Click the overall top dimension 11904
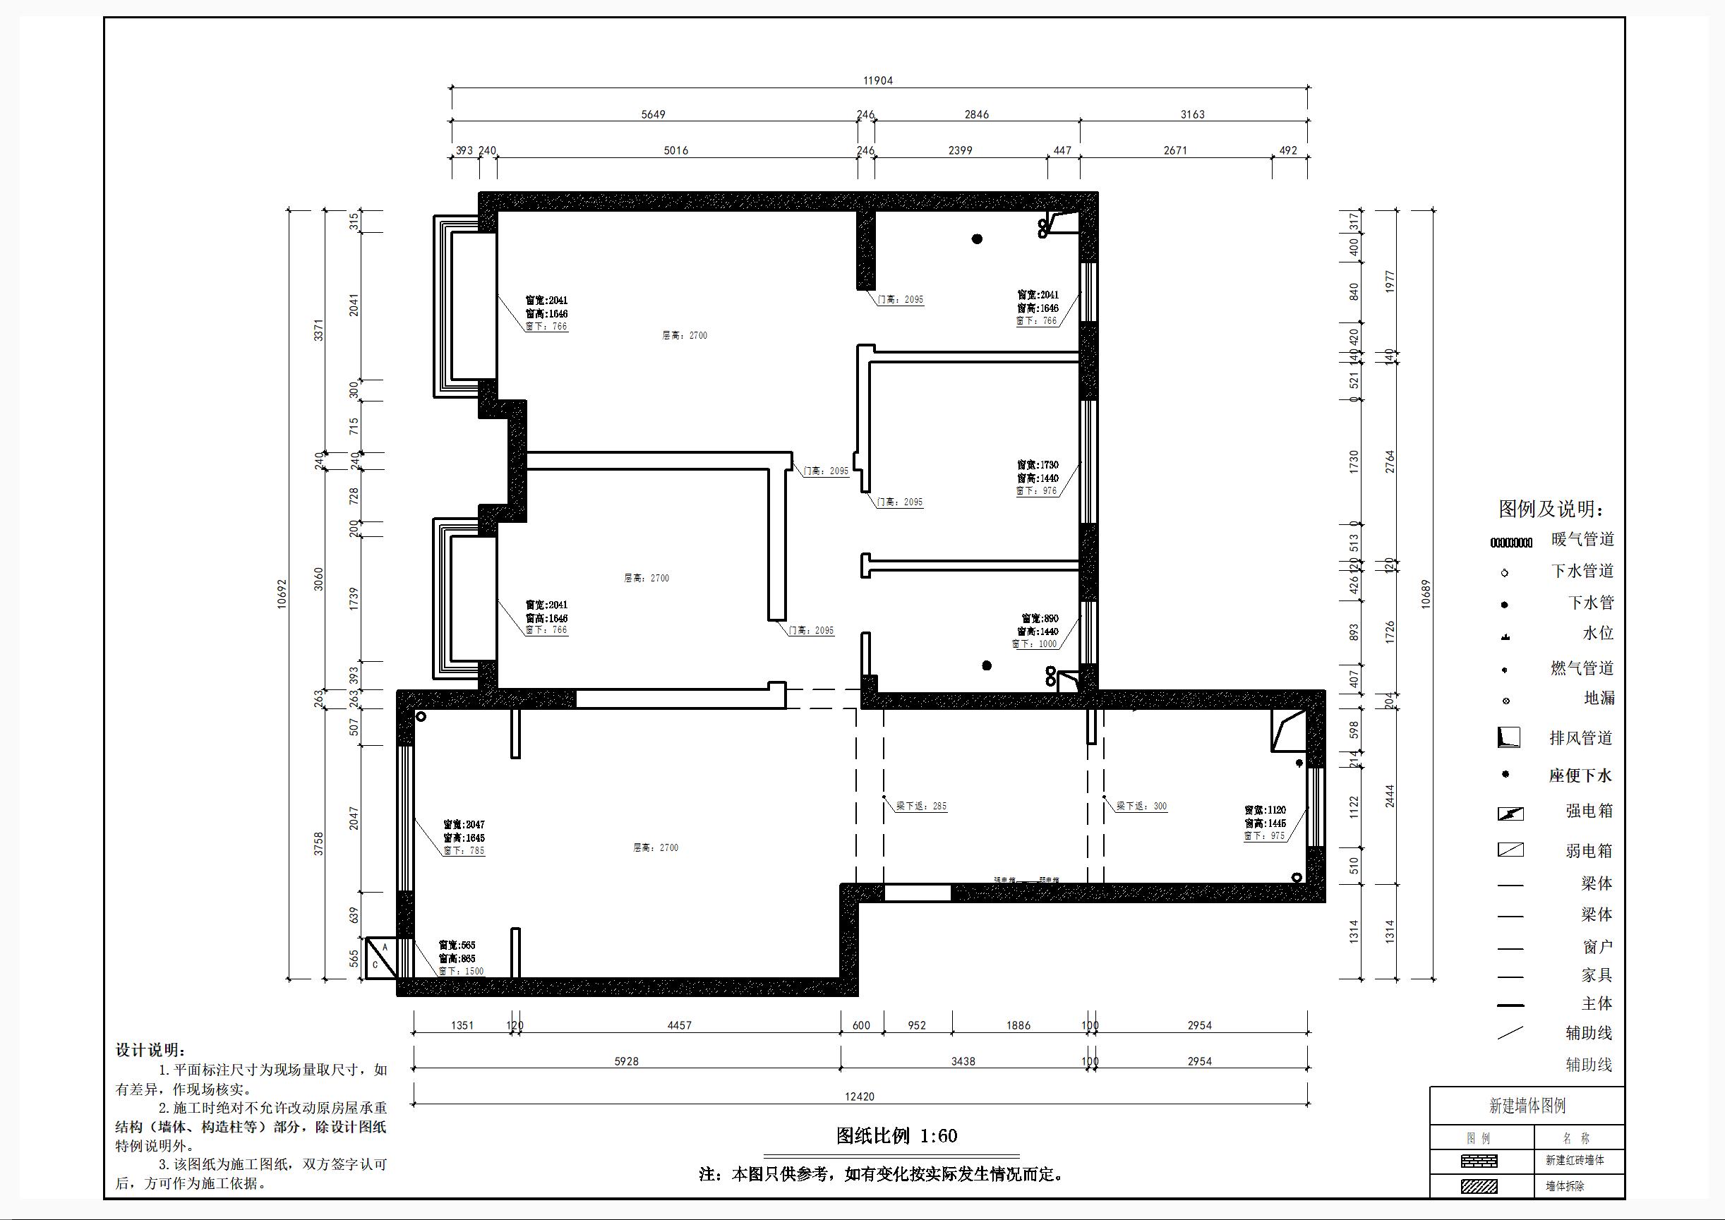click(x=877, y=80)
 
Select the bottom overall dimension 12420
click(x=859, y=1096)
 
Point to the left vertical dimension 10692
click(x=282, y=593)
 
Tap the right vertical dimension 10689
click(x=1426, y=593)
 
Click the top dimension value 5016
click(x=675, y=150)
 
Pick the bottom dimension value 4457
click(x=679, y=1025)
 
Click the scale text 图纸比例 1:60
click(x=896, y=1136)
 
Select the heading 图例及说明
click(x=1551, y=509)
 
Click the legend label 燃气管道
click(x=1582, y=668)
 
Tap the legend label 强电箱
click(x=1589, y=811)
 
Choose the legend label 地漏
click(x=1599, y=698)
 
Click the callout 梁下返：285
click(x=921, y=806)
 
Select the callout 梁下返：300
click(x=1141, y=806)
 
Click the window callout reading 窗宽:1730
click(x=1038, y=465)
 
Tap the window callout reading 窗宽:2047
click(x=464, y=824)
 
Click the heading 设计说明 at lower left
click(x=150, y=1050)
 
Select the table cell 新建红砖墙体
click(x=1574, y=1161)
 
